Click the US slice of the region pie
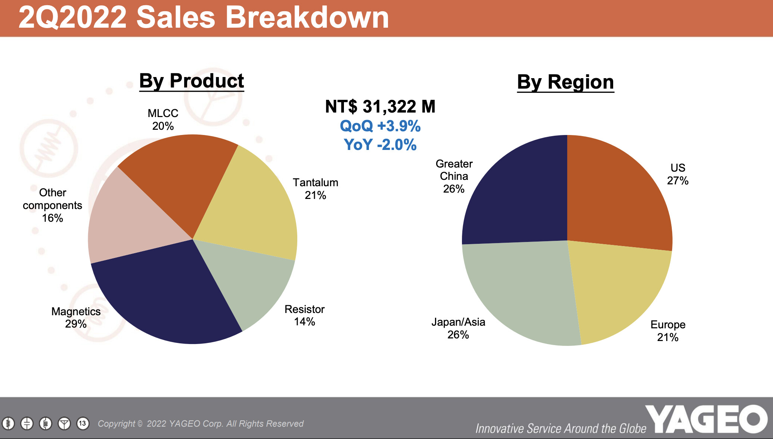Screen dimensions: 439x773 click(x=616, y=194)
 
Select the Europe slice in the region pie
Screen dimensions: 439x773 click(x=616, y=292)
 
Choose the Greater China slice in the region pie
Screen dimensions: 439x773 click(x=519, y=194)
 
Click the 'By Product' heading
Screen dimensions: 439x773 click(x=192, y=81)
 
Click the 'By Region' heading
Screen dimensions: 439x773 click(x=565, y=82)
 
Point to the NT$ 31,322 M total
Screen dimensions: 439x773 click(x=380, y=107)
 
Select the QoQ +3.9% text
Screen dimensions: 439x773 click(x=380, y=126)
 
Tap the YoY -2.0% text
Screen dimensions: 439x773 click(x=380, y=145)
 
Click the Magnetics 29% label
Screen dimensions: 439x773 click(x=76, y=317)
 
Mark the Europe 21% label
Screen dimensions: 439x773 click(x=668, y=331)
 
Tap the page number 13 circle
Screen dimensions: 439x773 click(x=83, y=423)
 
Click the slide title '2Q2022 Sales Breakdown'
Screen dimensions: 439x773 click(x=204, y=18)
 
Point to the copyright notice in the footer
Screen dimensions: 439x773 click(x=201, y=424)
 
